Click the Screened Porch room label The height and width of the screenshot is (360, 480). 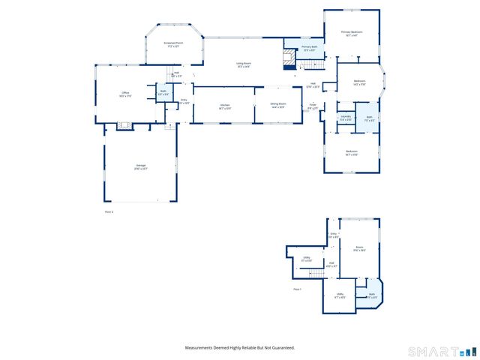pos(173,44)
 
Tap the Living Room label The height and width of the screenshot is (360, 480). pos(243,65)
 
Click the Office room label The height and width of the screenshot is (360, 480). pos(125,94)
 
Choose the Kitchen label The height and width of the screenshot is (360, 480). pos(224,106)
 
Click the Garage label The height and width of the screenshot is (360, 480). pos(140,166)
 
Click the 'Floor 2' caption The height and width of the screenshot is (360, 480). pos(108,212)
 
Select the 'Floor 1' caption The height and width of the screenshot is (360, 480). pos(297,289)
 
